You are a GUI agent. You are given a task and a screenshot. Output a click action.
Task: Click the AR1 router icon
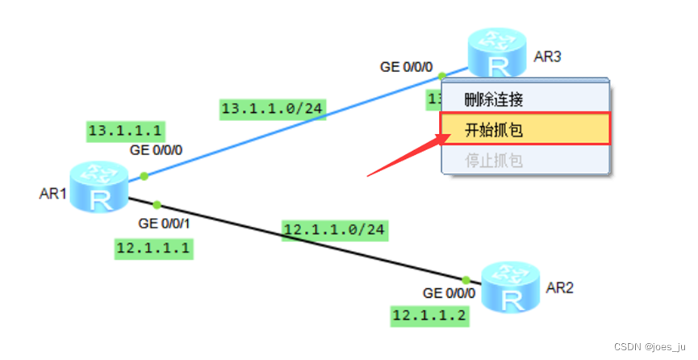tap(98, 187)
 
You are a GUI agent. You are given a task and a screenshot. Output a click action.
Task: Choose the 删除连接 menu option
tap(494, 100)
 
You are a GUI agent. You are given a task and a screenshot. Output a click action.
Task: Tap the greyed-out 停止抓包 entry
tap(494, 160)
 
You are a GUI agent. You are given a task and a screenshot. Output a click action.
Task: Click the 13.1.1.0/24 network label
tap(274, 109)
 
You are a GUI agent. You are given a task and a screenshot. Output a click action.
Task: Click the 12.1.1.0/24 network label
tap(335, 230)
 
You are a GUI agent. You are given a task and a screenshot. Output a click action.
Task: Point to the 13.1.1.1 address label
tap(125, 130)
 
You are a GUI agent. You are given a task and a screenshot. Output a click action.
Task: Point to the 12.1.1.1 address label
tap(153, 248)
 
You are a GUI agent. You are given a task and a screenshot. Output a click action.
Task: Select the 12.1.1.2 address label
tap(429, 315)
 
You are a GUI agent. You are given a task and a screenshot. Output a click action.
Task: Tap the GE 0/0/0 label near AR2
tap(449, 293)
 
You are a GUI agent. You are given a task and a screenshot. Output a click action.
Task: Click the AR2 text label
tap(559, 287)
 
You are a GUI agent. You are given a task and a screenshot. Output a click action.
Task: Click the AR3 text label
tap(547, 57)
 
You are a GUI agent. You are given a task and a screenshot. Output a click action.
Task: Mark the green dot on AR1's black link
tap(157, 204)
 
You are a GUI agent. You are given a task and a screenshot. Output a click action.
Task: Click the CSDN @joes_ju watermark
tap(650, 346)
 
